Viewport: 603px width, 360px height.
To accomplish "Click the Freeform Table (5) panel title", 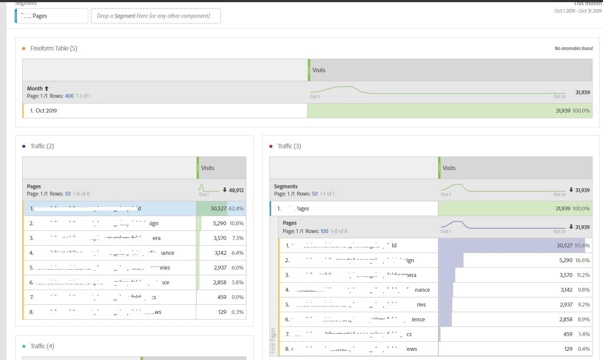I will (53, 48).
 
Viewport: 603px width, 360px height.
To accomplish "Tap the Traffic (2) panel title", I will (42, 146).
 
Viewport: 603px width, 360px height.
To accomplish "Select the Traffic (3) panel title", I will (289, 146).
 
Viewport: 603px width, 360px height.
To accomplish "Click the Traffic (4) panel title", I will (42, 346).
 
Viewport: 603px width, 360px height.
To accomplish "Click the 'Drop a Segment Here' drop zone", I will (155, 16).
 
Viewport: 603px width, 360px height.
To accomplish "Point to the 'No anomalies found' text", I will (573, 49).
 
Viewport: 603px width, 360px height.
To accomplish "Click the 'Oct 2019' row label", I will (43, 110).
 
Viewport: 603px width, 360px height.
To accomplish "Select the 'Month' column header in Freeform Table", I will (35, 89).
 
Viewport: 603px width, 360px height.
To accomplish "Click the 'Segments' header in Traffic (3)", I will (285, 187).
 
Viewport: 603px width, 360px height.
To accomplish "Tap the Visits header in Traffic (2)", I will (208, 168).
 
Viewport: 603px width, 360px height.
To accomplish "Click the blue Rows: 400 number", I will (69, 96).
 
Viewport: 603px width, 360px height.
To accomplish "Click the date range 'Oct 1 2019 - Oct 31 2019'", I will (578, 11).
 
